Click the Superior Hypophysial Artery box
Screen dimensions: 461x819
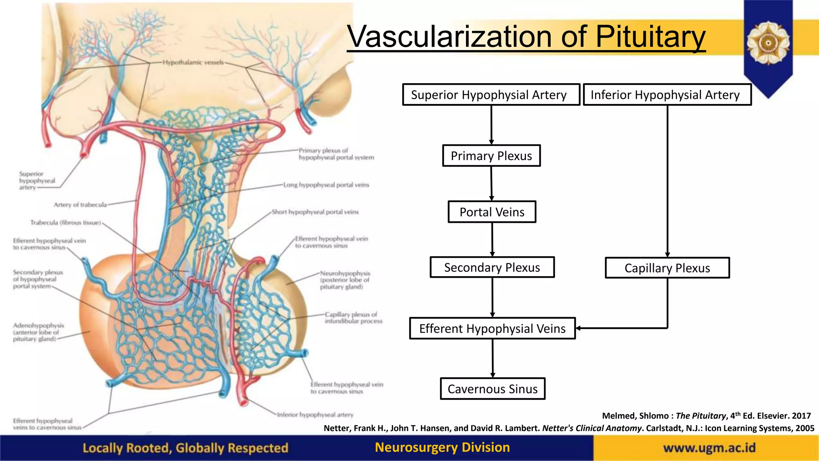point(491,95)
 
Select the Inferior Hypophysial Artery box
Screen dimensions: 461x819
point(667,95)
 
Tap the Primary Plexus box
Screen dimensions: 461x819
point(491,156)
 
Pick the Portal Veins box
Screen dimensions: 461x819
point(491,212)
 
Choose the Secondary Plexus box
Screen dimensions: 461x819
point(492,267)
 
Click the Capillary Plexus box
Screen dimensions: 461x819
point(667,268)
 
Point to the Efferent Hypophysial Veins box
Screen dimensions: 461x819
point(492,329)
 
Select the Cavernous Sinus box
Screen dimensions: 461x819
point(492,389)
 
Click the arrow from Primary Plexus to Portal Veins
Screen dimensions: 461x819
point(491,184)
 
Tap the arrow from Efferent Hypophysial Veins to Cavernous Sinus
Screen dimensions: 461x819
point(493,358)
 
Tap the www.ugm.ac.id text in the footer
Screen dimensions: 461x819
point(709,447)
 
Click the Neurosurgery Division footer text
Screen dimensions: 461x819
point(442,447)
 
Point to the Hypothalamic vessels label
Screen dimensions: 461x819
point(193,62)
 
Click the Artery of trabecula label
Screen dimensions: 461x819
point(80,205)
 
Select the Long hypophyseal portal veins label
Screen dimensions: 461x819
point(326,185)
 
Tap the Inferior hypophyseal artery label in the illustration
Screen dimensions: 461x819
point(315,415)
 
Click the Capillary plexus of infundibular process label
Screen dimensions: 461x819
point(354,318)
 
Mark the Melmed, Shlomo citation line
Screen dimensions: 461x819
point(706,416)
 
